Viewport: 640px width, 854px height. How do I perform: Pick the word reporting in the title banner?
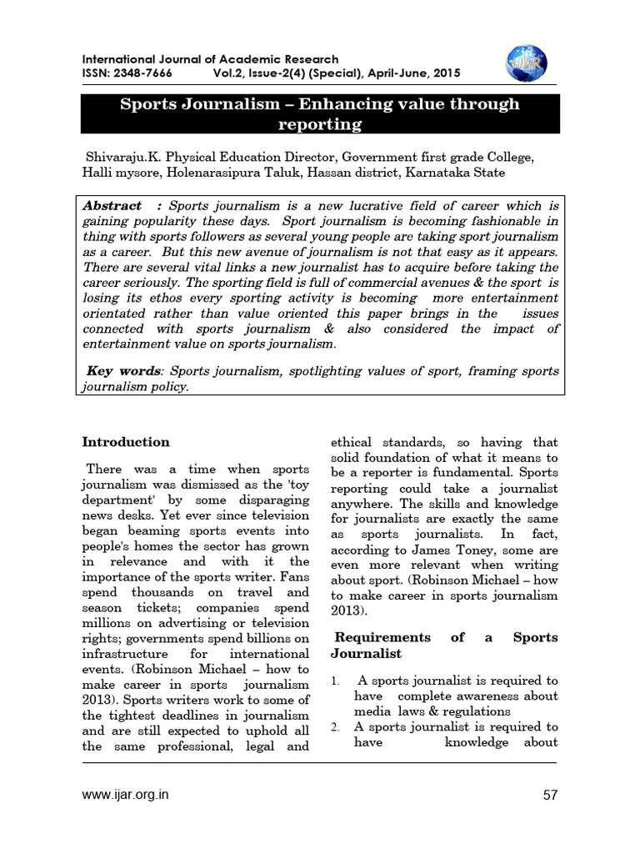click(320, 124)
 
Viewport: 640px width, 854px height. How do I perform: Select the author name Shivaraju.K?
click(122, 157)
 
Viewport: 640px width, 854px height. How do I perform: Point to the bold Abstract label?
click(112, 205)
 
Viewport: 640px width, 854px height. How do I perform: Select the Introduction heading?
click(126, 442)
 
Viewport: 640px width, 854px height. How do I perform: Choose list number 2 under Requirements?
click(335, 727)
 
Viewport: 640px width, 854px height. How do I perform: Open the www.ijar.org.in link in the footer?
click(125, 795)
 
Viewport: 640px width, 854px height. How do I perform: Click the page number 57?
click(549, 795)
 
